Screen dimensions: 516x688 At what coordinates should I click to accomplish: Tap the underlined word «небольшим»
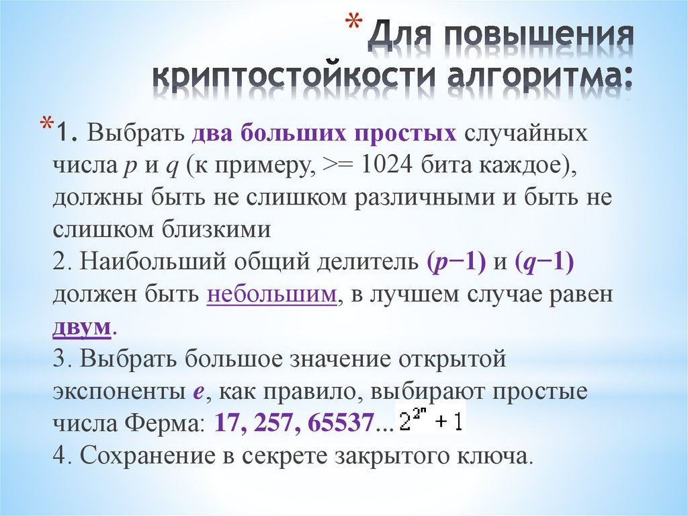click(271, 296)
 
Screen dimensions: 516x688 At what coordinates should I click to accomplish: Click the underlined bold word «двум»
click(81, 328)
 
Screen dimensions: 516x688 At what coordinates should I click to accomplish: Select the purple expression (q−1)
click(544, 264)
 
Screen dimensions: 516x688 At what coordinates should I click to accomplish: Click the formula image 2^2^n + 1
click(431, 420)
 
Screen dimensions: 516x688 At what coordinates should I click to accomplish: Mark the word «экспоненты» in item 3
click(115, 392)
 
